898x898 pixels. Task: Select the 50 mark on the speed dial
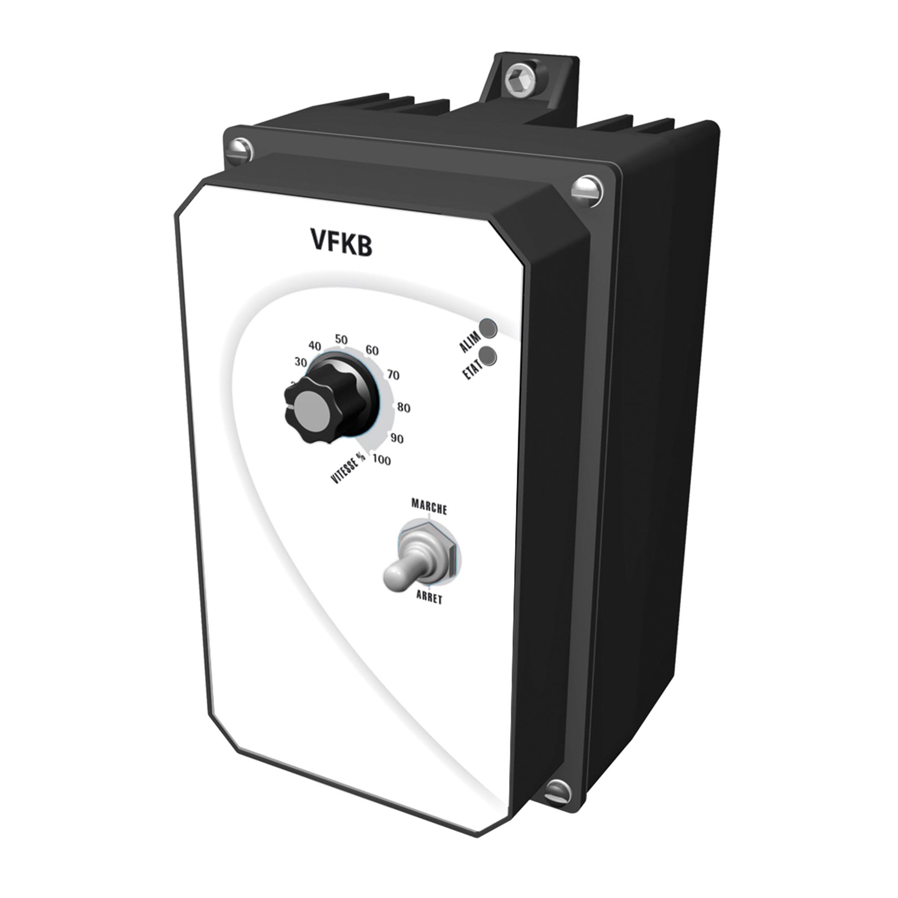click(x=341, y=340)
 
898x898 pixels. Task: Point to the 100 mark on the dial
click(x=382, y=460)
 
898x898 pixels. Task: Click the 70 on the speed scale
click(x=393, y=374)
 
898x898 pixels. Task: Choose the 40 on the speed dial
click(x=315, y=346)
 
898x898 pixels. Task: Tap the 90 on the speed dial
click(x=396, y=438)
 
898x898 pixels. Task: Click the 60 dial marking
click(x=372, y=351)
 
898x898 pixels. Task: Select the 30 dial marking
click(x=301, y=362)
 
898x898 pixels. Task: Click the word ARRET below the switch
click(x=429, y=599)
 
